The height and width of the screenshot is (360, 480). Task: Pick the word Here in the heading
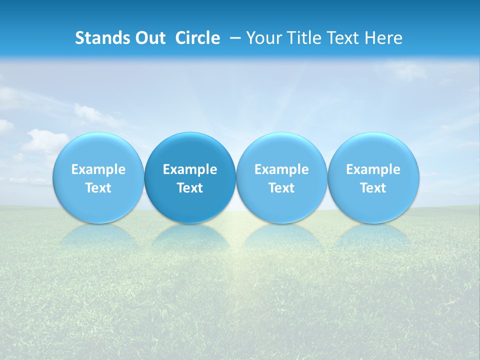click(x=383, y=38)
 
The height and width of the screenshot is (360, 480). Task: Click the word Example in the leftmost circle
click(x=98, y=170)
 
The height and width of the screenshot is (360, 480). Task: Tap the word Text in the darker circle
click(x=190, y=188)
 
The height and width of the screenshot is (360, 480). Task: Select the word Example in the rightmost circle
click(x=373, y=170)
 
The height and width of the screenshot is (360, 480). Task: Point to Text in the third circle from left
click(x=281, y=188)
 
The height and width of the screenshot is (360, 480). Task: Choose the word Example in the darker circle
click(x=190, y=170)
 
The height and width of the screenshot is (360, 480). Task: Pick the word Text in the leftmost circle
click(x=98, y=188)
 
